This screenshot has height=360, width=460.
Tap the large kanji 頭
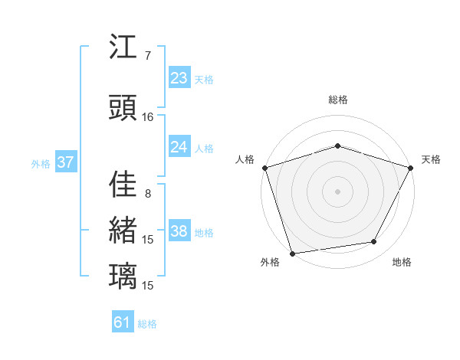(123, 108)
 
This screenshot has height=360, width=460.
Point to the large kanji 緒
(123, 230)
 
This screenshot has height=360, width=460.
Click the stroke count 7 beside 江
(148, 56)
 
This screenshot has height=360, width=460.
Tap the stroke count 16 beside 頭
(148, 117)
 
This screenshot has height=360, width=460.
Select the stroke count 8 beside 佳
(148, 194)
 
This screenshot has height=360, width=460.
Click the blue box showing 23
(179, 78)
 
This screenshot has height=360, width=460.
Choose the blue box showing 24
(179, 147)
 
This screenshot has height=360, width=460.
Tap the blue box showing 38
(179, 231)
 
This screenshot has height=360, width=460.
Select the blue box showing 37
(64, 162)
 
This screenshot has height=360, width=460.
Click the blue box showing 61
(123, 322)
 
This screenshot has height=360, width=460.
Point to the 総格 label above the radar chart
(338, 100)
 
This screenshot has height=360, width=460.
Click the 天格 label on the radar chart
(431, 159)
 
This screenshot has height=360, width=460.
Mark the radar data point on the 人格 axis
(264, 168)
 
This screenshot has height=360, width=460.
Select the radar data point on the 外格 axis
(292, 253)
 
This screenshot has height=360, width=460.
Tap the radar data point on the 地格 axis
(374, 242)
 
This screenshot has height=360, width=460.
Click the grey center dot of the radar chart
(338, 191)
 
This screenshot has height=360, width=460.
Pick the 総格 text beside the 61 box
(147, 324)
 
